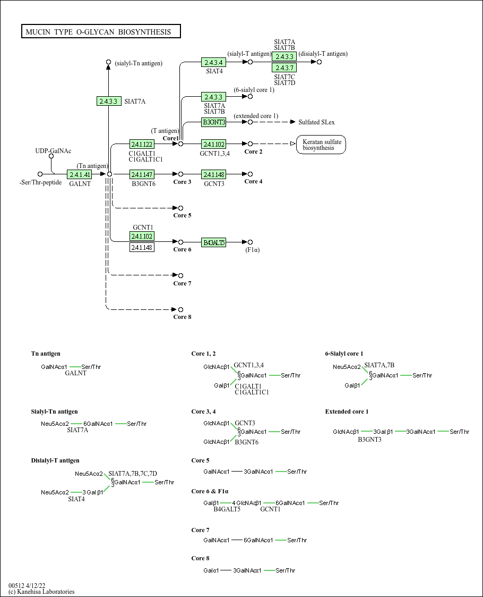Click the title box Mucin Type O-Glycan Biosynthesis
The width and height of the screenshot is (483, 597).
[x=101, y=32]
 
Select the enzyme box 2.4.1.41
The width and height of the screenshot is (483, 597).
[x=80, y=174]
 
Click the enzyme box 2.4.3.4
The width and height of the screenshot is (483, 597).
[x=213, y=63]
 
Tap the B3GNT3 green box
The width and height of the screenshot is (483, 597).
[x=213, y=122]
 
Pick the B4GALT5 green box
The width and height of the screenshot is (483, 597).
[x=213, y=242]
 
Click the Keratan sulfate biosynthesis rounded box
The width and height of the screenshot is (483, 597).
[x=321, y=145]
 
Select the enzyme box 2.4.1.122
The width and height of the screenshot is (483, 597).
[x=142, y=144]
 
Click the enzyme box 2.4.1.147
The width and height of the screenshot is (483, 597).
[x=142, y=174]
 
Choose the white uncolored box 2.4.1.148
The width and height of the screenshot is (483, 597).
[x=142, y=247]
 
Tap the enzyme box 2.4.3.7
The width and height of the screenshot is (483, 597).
[x=284, y=68]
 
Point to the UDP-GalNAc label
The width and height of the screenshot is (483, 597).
[x=53, y=152]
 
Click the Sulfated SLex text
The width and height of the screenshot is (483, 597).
[x=316, y=122]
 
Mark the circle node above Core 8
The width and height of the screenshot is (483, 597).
[x=180, y=309]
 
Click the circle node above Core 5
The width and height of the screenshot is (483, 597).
[x=180, y=208]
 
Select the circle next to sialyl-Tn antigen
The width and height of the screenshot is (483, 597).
[x=109, y=62]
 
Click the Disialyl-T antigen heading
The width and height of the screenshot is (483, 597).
[x=55, y=460]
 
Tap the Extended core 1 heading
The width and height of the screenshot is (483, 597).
[x=347, y=411]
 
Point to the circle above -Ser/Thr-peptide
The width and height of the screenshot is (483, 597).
[x=40, y=174]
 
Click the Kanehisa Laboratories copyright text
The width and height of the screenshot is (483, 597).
[x=41, y=592]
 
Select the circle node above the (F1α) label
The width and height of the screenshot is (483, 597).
[x=251, y=242]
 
